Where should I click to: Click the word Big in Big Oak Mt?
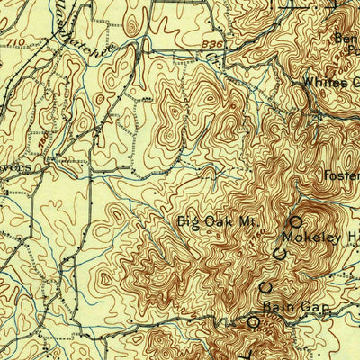point(186,220)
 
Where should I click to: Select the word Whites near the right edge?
point(321,83)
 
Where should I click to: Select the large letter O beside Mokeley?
point(295,220)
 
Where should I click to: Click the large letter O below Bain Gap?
point(255,320)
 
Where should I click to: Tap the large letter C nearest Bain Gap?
point(266,288)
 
